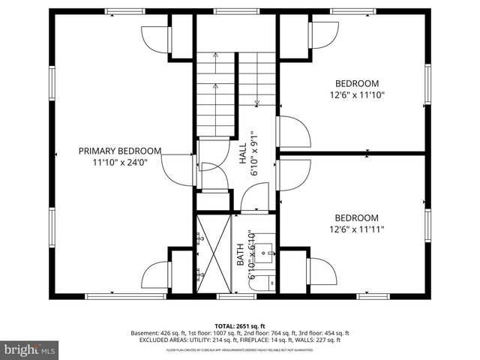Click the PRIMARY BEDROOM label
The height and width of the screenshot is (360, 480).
120,151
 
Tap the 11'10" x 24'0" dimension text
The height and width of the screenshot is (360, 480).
120,162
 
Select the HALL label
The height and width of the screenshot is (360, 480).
243,154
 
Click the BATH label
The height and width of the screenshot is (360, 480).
241,256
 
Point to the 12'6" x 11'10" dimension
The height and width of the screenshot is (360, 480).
357,95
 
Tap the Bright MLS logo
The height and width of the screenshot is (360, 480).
30,349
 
